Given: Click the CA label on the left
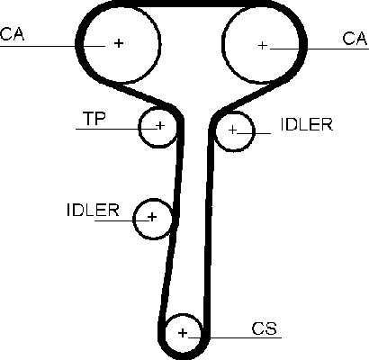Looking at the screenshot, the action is [12, 33].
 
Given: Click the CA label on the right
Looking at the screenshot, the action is [355, 39].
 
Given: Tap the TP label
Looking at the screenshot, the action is [94, 118].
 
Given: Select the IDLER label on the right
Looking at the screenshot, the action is [307, 124].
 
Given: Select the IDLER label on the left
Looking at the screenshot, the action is [93, 210].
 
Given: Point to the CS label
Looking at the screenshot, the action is [265, 328].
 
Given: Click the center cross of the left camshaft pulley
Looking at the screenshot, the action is [119, 43].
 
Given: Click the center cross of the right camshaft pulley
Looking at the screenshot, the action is [263, 45].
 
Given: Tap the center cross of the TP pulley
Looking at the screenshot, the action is [160, 125].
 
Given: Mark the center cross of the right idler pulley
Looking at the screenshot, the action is [232, 130].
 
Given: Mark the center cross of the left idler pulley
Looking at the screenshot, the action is [152, 216].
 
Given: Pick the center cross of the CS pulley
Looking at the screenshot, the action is [183, 333].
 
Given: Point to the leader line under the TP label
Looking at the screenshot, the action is [117, 129].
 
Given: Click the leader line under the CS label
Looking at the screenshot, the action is [235, 337].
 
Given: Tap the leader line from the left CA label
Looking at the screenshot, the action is [52, 46].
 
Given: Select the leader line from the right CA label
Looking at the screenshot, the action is [319, 49].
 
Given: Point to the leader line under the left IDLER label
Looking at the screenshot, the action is [121, 220].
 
